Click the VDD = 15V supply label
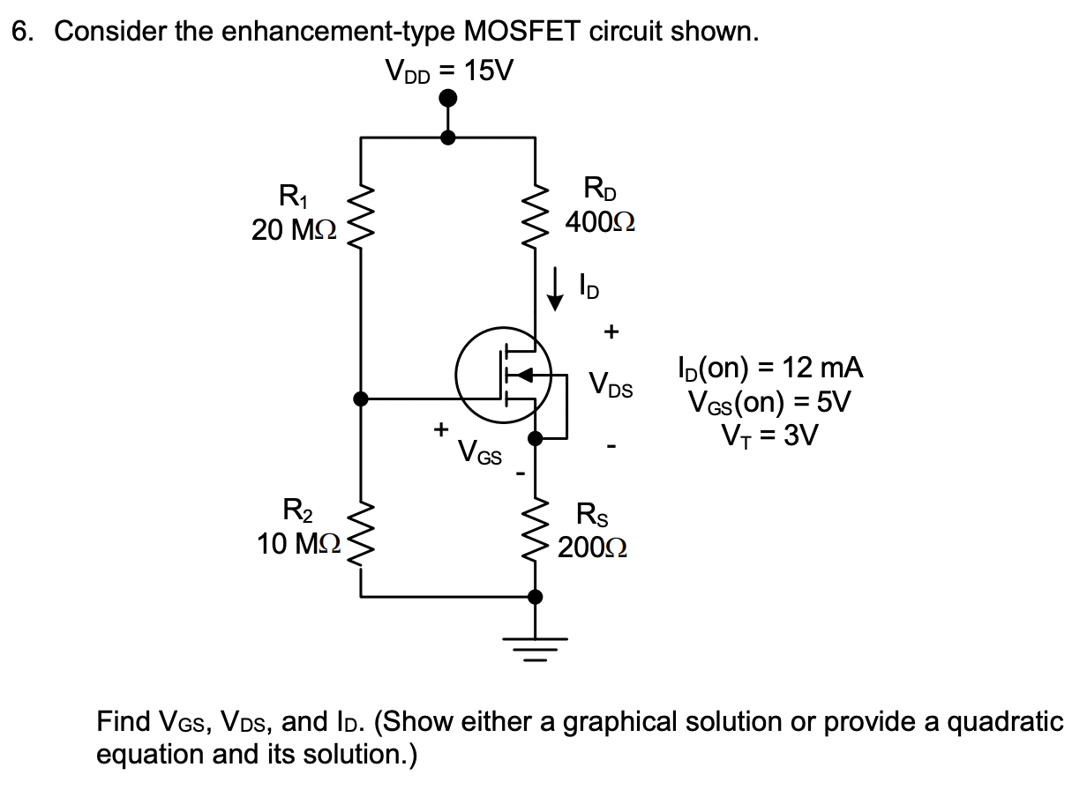pyautogui.click(x=447, y=70)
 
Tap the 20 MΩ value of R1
pyautogui.click(x=293, y=231)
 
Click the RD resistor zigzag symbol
pyautogui.click(x=536, y=218)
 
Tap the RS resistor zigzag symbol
pyautogui.click(x=536, y=533)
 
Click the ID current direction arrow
pyautogui.click(x=556, y=290)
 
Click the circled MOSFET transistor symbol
pyautogui.click(x=503, y=376)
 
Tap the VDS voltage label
pyautogui.click(x=611, y=385)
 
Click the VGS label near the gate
pyautogui.click(x=479, y=454)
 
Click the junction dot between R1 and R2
pyautogui.click(x=360, y=398)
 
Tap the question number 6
pyautogui.click(x=21, y=32)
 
